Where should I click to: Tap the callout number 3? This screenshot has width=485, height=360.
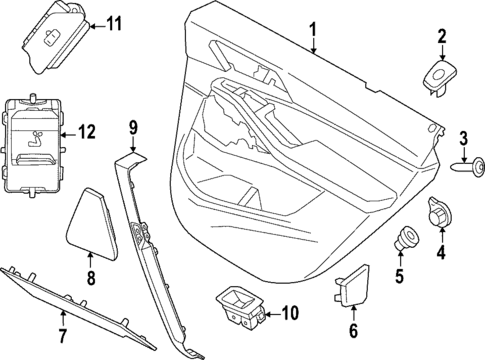464,137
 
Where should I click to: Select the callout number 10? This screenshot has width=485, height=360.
290,313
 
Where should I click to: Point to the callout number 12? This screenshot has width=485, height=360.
87,130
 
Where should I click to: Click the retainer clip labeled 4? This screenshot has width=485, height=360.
439,213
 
